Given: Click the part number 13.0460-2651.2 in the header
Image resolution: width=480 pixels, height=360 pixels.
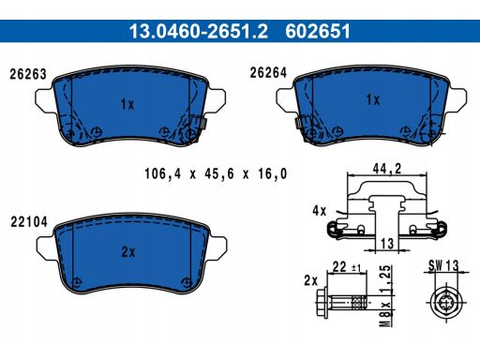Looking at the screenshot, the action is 199,31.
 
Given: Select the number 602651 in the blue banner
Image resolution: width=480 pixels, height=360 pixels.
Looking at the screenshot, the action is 318,31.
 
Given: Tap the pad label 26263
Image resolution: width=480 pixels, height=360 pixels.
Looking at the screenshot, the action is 28,74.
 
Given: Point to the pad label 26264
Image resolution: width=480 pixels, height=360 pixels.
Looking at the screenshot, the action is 268,73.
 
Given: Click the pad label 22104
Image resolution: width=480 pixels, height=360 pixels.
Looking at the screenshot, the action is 29,222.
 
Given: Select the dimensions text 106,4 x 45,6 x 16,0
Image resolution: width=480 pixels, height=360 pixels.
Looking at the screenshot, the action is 216,173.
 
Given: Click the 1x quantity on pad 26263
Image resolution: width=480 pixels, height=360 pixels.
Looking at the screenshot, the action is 127,104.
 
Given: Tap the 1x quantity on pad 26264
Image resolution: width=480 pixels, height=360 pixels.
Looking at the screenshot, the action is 373,100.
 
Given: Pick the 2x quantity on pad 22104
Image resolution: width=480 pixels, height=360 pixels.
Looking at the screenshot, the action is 128,252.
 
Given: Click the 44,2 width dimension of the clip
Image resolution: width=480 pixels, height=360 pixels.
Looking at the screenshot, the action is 387,169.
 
